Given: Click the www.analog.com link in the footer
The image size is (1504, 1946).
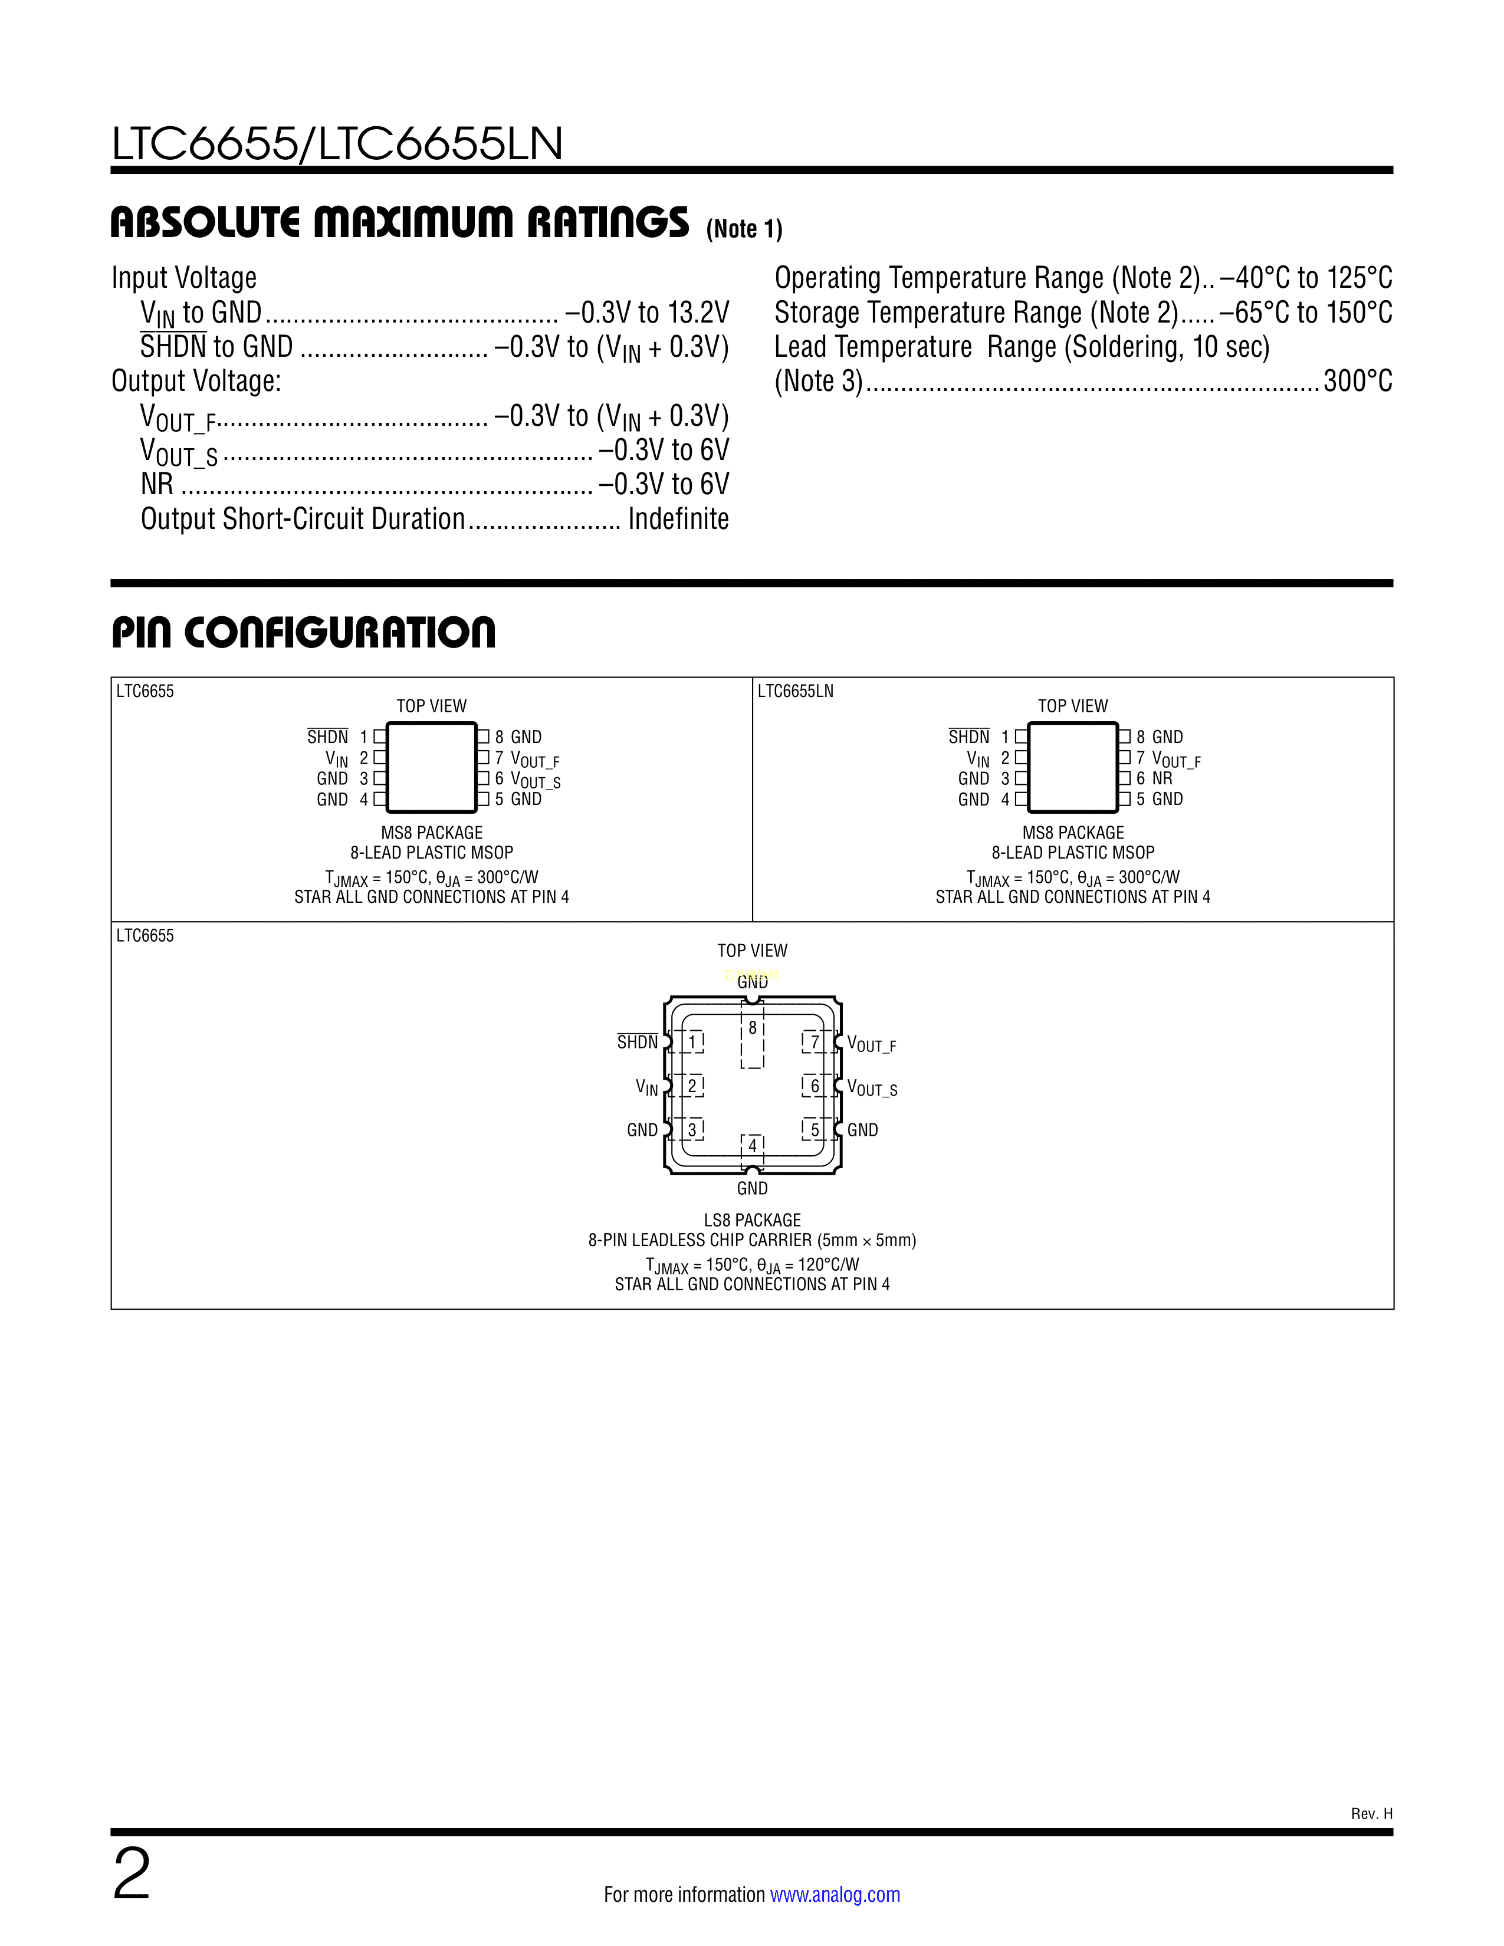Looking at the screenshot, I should pyautogui.click(x=835, y=1894).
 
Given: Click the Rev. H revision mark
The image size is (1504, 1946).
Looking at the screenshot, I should pyautogui.click(x=1371, y=1813).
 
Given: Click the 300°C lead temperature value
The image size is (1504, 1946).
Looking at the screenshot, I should pyautogui.click(x=1357, y=382).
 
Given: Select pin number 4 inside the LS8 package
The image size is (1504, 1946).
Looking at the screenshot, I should pyautogui.click(x=752, y=1146).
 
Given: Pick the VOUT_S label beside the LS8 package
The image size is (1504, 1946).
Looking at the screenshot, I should pyautogui.click(x=871, y=1089).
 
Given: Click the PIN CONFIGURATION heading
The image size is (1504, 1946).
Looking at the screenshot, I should pyautogui.click(x=303, y=633).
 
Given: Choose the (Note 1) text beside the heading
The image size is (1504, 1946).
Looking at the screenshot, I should pyautogui.click(x=744, y=229).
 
